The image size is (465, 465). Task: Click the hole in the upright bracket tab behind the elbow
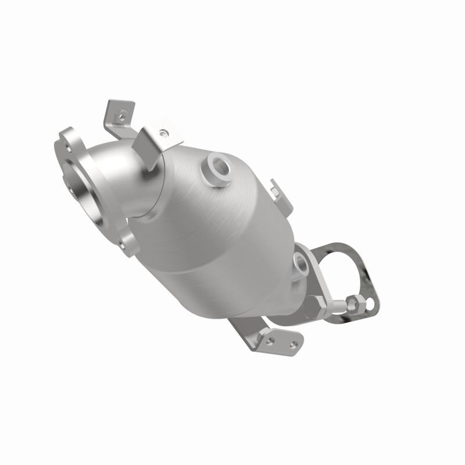coord(120,116)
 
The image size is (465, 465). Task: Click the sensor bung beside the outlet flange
coord(302,264)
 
